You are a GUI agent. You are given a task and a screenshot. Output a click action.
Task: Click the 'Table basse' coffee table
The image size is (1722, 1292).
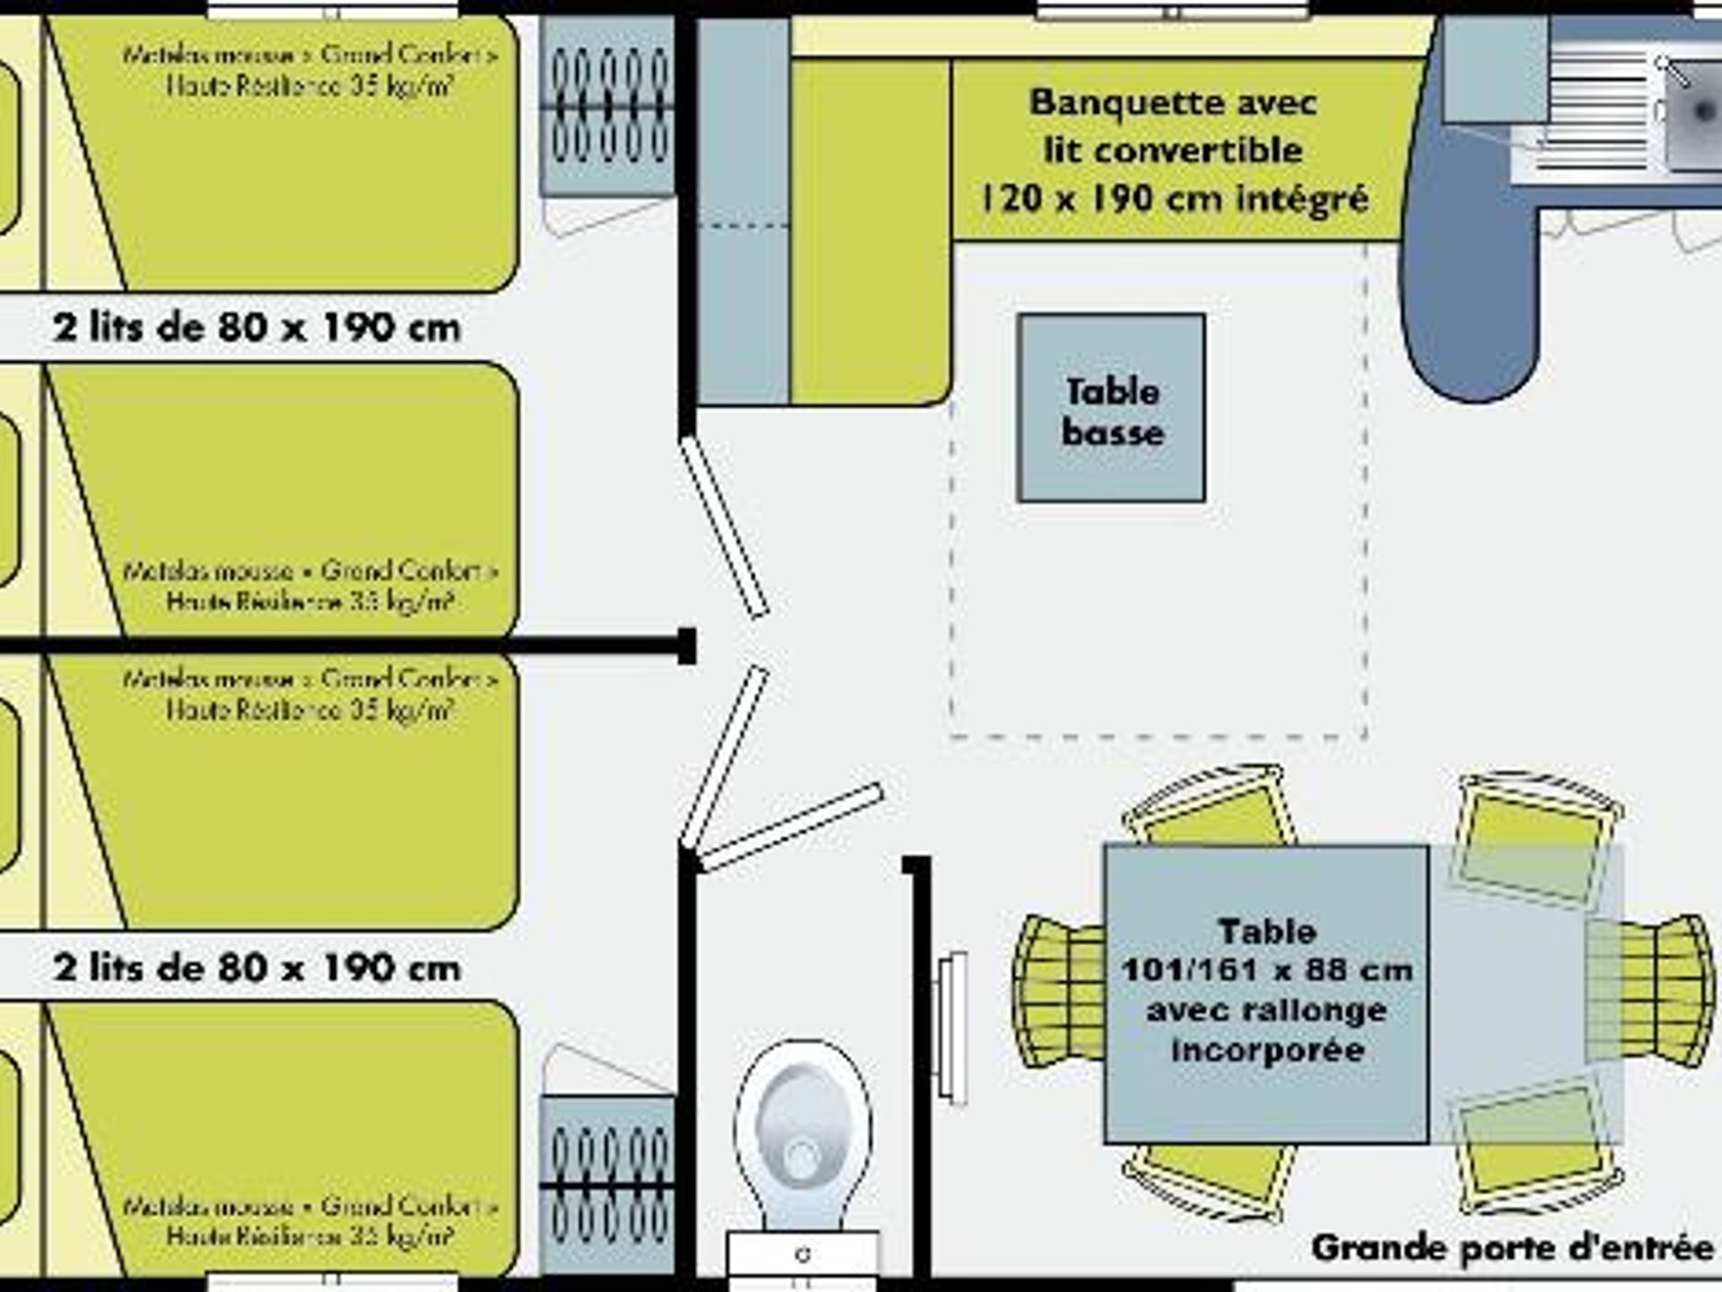coord(1110,408)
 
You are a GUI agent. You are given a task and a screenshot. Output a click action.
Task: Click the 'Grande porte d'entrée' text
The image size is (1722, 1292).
coord(1512,1248)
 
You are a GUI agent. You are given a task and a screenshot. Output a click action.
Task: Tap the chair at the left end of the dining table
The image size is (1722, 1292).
coord(1058,991)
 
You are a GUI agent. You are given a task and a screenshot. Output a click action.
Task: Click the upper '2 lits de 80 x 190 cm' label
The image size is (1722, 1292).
coord(257,327)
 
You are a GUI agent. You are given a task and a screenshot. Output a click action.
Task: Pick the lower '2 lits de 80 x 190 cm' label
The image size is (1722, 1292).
coord(257,968)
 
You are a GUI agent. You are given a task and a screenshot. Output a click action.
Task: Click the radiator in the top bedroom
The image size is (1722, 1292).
coord(607,108)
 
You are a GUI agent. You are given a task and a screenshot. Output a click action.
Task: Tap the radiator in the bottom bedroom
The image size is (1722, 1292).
coord(607,1184)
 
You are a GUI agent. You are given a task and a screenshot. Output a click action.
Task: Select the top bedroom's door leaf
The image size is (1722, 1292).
coord(724,528)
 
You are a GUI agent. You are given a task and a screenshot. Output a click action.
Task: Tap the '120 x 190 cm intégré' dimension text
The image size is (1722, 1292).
coord(1173,198)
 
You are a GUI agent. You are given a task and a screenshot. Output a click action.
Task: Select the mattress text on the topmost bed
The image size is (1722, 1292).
coord(309,70)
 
